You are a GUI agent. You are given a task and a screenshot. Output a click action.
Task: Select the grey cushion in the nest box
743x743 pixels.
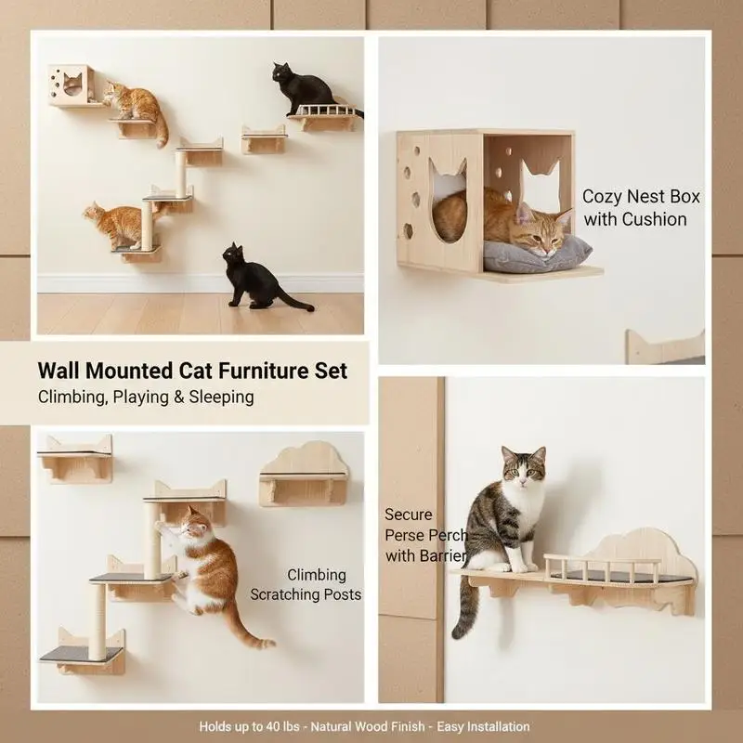537,256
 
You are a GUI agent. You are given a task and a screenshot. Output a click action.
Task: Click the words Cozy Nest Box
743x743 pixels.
641,197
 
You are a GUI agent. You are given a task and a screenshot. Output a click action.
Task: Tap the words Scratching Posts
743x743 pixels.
306,594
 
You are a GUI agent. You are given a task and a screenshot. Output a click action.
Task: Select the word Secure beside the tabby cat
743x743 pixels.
409,515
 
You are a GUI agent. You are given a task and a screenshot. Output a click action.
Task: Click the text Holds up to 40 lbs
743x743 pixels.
249,727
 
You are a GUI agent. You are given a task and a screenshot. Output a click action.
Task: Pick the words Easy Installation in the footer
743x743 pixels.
483,727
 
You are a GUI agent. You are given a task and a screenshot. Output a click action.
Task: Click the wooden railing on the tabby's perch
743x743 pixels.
602,567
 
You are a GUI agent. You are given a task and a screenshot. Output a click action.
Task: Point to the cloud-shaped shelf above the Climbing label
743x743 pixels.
304,475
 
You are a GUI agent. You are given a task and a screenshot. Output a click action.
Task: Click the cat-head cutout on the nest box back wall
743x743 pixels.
541,182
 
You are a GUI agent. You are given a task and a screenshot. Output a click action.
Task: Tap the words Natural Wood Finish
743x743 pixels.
368,727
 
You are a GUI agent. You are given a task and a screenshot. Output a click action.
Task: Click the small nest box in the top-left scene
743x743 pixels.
72,85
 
